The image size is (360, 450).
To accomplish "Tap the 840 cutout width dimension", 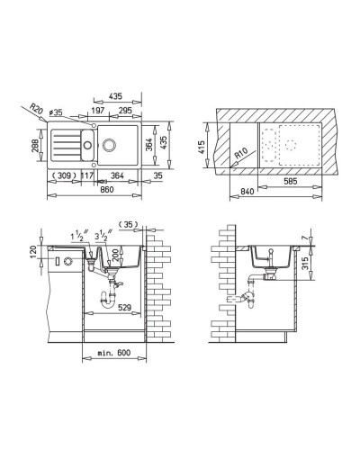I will pyautogui.click(x=238, y=191).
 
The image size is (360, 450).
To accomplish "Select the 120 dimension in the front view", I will pyautogui.click(x=33, y=249).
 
